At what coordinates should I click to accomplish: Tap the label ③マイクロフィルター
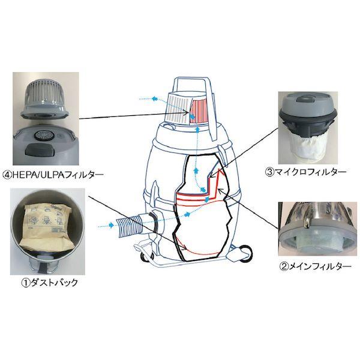point(305,172)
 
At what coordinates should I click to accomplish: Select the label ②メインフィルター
point(310,265)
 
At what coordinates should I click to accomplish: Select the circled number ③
point(270,172)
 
